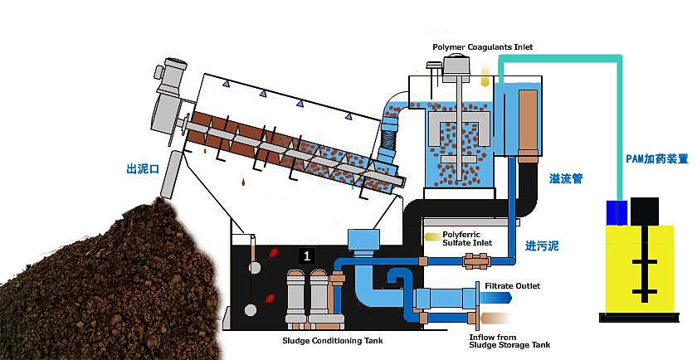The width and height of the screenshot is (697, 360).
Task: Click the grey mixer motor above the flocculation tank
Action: pos(454,63)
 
